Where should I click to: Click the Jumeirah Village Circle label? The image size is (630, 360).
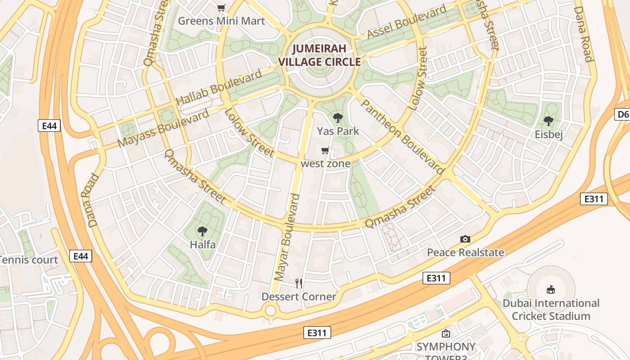click(320, 55)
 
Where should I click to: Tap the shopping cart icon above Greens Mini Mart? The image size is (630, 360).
click(221, 8)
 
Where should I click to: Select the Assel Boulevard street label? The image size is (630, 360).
click(407, 22)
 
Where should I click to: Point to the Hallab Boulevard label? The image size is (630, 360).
click(219, 87)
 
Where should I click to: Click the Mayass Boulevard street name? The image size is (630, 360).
click(163, 127)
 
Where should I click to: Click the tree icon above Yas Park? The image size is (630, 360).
click(337, 118)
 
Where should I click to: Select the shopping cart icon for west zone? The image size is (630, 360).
click(325, 151)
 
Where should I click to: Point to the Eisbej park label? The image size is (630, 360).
click(549, 134)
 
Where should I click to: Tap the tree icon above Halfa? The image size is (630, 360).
click(202, 232)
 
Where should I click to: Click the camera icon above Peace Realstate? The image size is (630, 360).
click(465, 239)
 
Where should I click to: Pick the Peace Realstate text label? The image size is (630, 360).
click(465, 252)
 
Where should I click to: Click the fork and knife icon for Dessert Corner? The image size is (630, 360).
click(298, 283)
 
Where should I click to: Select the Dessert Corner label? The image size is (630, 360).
click(299, 297)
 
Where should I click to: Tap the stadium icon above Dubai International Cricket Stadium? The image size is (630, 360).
click(550, 289)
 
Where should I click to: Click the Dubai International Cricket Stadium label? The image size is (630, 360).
click(551, 310)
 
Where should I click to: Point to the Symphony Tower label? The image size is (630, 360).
click(445, 350)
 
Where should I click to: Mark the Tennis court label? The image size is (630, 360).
click(29, 260)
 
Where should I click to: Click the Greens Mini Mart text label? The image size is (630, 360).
click(221, 21)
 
